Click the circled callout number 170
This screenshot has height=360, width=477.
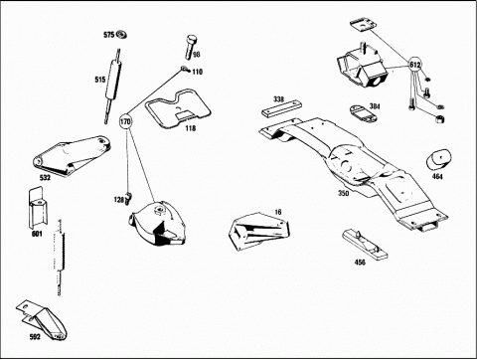[125, 121]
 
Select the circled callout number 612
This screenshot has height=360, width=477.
[414, 65]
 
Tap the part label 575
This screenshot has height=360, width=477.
[109, 35]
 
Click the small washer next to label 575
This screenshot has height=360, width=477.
[122, 34]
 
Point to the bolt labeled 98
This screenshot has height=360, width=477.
[190, 47]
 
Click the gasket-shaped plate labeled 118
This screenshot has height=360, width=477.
[178, 108]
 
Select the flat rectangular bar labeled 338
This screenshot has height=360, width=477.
[282, 109]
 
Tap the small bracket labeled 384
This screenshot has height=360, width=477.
[362, 113]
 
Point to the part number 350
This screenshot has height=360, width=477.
[344, 193]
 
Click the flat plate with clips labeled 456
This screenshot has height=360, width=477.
[365, 244]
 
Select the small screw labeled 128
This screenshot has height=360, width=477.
[128, 198]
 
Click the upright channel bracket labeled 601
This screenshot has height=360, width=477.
[38, 208]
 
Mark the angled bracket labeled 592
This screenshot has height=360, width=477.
[41, 320]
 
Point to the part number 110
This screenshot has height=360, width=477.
[197, 72]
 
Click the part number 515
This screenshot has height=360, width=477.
[100, 80]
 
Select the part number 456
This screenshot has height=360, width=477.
[360, 263]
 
